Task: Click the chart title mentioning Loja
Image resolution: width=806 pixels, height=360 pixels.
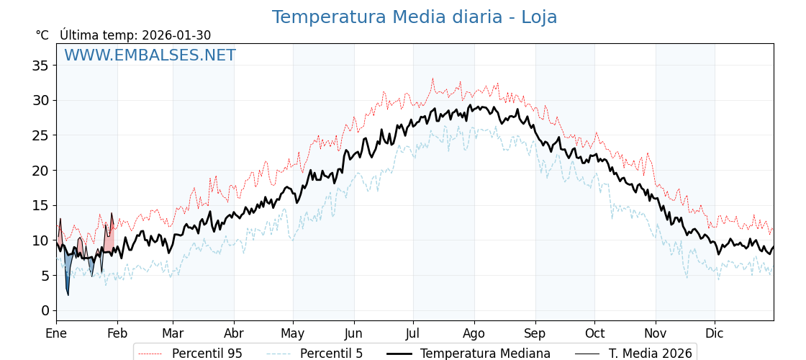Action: tap(414, 17)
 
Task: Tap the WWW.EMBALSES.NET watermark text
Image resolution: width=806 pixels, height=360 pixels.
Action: tap(150, 55)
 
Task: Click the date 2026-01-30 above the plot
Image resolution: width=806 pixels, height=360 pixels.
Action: tap(176, 35)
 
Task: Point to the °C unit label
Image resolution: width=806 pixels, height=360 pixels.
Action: tap(42, 35)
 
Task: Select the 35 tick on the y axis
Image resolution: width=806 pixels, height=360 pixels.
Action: tap(40, 66)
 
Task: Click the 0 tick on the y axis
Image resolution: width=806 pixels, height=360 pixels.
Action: tap(45, 310)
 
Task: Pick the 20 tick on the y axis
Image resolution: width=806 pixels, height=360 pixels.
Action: tap(40, 171)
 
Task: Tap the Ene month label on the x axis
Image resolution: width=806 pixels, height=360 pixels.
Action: tap(56, 334)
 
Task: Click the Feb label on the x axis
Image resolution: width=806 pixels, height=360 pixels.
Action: tap(117, 334)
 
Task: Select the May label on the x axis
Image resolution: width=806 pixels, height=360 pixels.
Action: tap(293, 334)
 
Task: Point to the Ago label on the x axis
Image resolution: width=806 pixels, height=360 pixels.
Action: tap(474, 334)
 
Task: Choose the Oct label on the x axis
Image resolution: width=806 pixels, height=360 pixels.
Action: tap(594, 334)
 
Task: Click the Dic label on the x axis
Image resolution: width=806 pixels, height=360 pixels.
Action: tap(715, 334)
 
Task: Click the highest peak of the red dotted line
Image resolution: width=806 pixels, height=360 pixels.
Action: tap(433, 78)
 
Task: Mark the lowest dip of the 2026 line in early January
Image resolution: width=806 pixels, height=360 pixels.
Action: tap(68, 294)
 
